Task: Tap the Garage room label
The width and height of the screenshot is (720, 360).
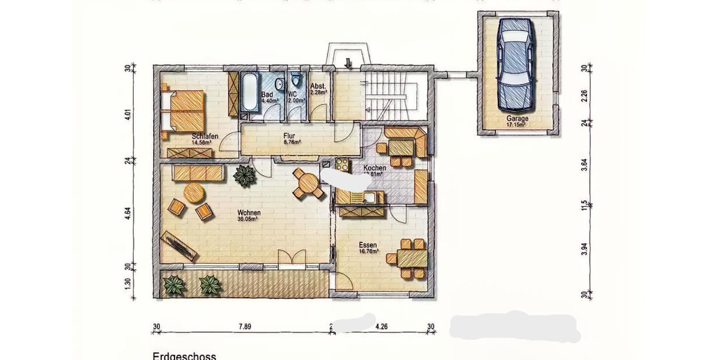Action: point(517,119)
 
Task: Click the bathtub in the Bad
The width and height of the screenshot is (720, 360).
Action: point(249,92)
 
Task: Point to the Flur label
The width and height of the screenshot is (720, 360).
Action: point(291,136)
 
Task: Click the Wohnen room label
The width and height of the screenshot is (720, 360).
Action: point(248,213)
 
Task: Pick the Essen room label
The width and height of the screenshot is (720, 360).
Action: point(368,245)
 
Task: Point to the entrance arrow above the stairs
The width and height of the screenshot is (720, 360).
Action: point(349,62)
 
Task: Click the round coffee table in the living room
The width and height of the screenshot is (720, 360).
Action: point(194,194)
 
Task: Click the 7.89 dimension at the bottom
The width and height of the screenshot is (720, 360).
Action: point(244,327)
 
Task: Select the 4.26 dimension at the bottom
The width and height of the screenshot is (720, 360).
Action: point(382,327)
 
